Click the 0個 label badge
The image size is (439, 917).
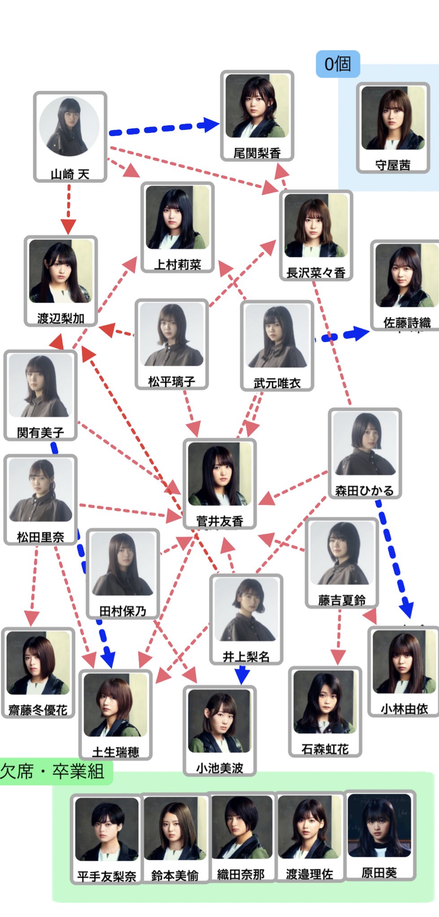(338, 64)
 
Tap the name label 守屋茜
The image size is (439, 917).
(393, 165)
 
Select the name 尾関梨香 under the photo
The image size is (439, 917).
(257, 153)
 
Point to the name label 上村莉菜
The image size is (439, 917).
(178, 265)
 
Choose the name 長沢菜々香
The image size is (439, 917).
(316, 273)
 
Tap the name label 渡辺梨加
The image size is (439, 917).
(61, 318)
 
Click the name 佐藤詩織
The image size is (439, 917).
(407, 322)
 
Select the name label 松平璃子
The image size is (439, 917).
(172, 381)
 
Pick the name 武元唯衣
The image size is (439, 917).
(277, 383)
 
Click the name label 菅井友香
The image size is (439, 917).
(220, 521)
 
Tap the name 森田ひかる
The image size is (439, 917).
(365, 491)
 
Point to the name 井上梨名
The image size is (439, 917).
(246, 656)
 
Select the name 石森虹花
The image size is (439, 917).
(325, 749)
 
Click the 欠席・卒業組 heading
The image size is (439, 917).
(52, 771)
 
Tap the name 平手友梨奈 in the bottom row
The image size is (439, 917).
(107, 876)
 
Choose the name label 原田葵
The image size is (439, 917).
(379, 873)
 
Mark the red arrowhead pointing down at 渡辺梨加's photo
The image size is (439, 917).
(68, 227)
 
